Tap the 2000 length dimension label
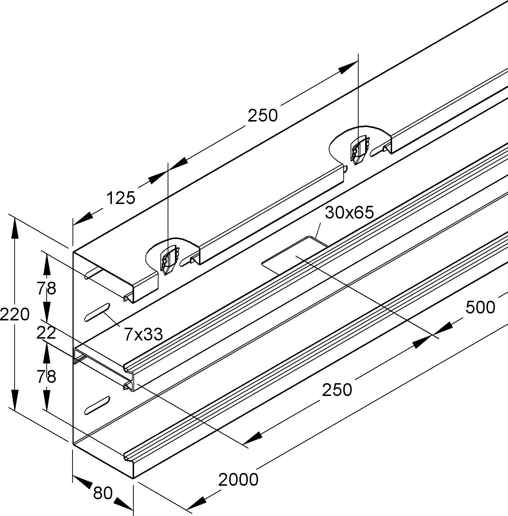click(238, 479)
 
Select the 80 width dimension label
click(103, 493)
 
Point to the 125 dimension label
click(121, 198)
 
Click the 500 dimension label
click(480, 308)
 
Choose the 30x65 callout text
click(349, 212)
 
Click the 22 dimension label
click(46, 333)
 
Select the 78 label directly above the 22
click(46, 289)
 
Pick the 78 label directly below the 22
click(46, 377)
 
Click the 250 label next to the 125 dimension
click(262, 116)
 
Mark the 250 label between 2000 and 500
click(337, 390)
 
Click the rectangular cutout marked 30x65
click(295, 255)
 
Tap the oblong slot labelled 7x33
click(97, 312)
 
